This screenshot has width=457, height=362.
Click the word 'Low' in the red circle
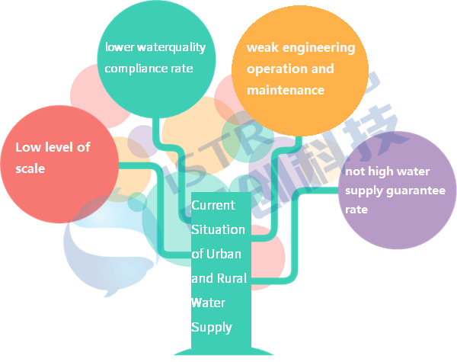click(27, 147)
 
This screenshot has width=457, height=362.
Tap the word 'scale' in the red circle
click(30, 168)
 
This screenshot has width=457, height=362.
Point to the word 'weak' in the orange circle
click(261, 47)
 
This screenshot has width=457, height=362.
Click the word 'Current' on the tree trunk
click(208, 205)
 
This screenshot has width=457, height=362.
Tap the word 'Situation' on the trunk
click(218, 229)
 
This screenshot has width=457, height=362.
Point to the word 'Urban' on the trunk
click(226, 254)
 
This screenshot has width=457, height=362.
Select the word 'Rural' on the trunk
click(232, 278)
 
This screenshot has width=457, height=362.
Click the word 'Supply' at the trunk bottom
click(211, 327)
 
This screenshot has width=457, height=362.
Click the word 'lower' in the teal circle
click(118, 47)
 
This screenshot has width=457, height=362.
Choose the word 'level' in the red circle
click(62, 147)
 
